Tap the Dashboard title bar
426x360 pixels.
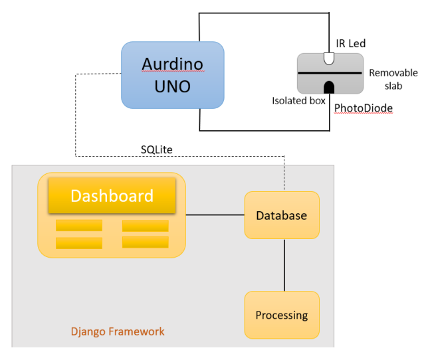[x=112, y=197]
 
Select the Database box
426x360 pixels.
[x=282, y=215]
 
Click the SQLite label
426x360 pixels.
[x=156, y=149]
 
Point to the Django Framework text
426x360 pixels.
[x=118, y=331]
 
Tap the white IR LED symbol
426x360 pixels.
[x=328, y=58]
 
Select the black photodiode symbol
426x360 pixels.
[x=328, y=87]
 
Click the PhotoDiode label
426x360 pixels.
[x=363, y=107]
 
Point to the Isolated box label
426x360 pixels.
[x=298, y=101]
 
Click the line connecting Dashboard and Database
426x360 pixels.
[x=215, y=215]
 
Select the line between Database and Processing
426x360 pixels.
[x=284, y=264]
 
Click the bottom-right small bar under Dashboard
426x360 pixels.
[x=145, y=242]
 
